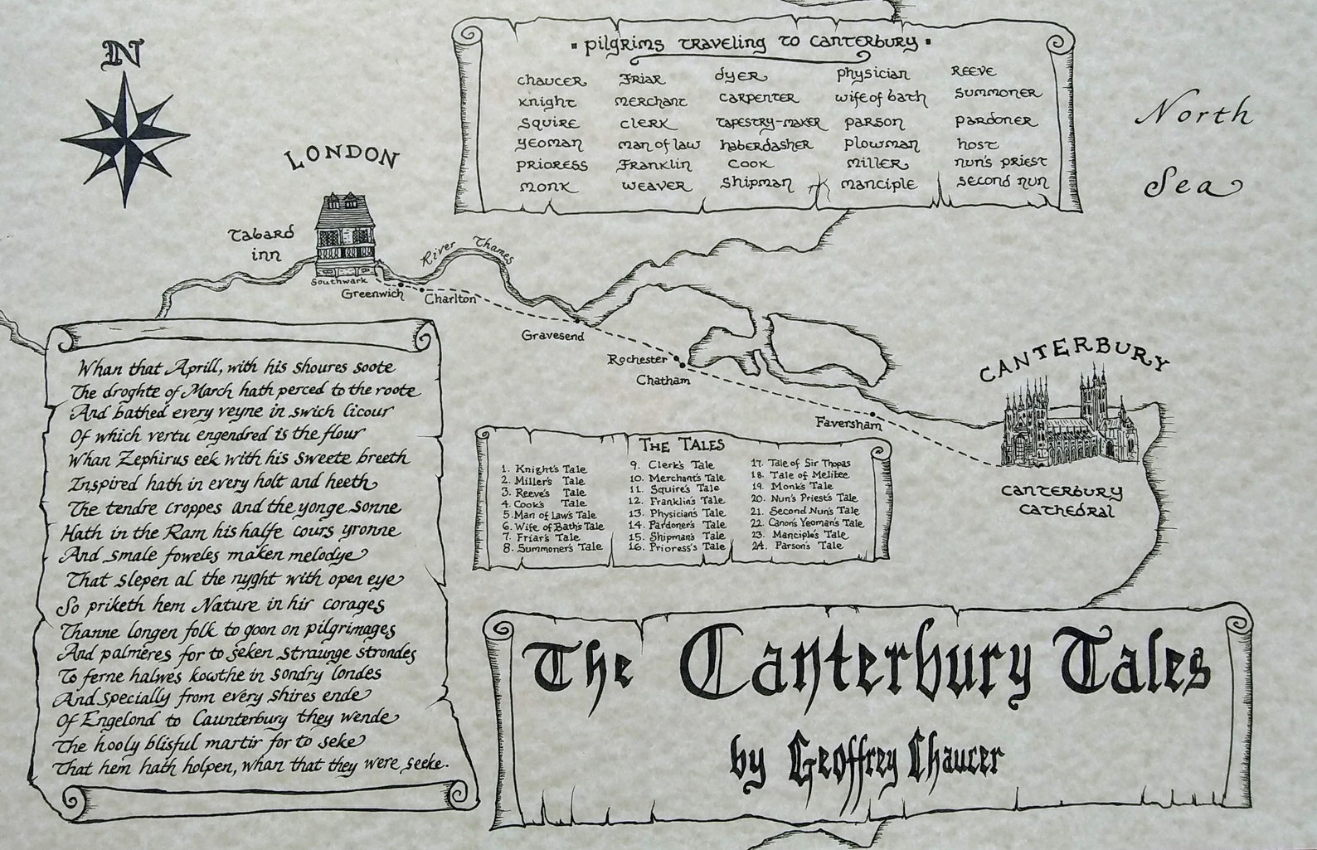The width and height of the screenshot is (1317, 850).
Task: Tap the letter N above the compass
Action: point(122,56)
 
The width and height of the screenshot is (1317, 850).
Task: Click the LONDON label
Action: point(342,159)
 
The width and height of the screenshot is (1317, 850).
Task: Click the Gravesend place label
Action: point(553,336)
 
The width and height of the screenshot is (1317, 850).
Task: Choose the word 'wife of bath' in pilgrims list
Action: point(881,98)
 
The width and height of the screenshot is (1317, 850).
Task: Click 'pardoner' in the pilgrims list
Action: point(995,120)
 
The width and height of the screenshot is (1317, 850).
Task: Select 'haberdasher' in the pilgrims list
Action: point(766,144)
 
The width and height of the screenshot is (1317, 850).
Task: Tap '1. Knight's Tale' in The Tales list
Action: point(543,469)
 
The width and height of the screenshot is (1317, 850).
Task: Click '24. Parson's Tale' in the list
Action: point(796,546)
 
